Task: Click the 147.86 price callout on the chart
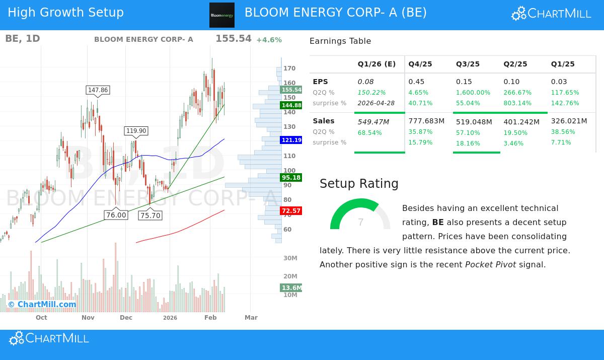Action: pyautogui.click(x=98, y=90)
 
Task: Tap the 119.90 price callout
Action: pyautogui.click(x=136, y=131)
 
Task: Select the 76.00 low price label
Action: pyautogui.click(x=116, y=215)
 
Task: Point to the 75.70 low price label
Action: pyautogui.click(x=150, y=215)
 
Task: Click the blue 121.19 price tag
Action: pyautogui.click(x=291, y=140)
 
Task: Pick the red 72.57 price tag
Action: pyautogui.click(x=291, y=211)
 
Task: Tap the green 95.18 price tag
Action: pyautogui.click(x=291, y=178)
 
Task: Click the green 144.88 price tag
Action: pyautogui.click(x=291, y=105)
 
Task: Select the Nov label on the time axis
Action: pyautogui.click(x=88, y=318)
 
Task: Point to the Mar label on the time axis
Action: pyautogui.click(x=251, y=318)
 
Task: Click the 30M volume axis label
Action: pyautogui.click(x=290, y=258)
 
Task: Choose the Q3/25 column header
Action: pyautogui.click(x=468, y=64)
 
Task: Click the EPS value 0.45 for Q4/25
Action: pyautogui.click(x=416, y=82)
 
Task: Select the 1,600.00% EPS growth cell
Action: pyautogui.click(x=473, y=93)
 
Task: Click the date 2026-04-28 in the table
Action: pyautogui.click(x=376, y=103)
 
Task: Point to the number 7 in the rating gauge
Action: pyautogui.click(x=360, y=223)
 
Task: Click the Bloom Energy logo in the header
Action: pyautogui.click(x=222, y=15)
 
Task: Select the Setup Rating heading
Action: pyautogui.click(x=359, y=184)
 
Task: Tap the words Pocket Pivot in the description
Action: pyautogui.click(x=490, y=265)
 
